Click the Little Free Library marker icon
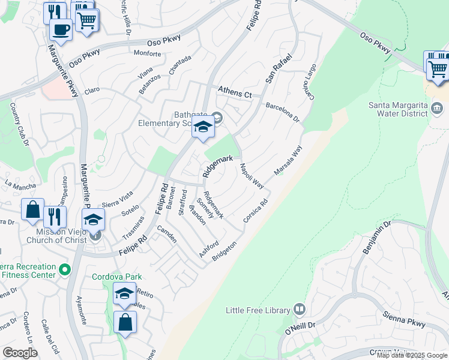click(300, 310)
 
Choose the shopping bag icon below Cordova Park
click(125, 323)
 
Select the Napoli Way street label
click(252, 175)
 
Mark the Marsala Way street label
click(288, 160)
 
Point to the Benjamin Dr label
click(376, 237)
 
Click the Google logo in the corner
click(20, 352)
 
